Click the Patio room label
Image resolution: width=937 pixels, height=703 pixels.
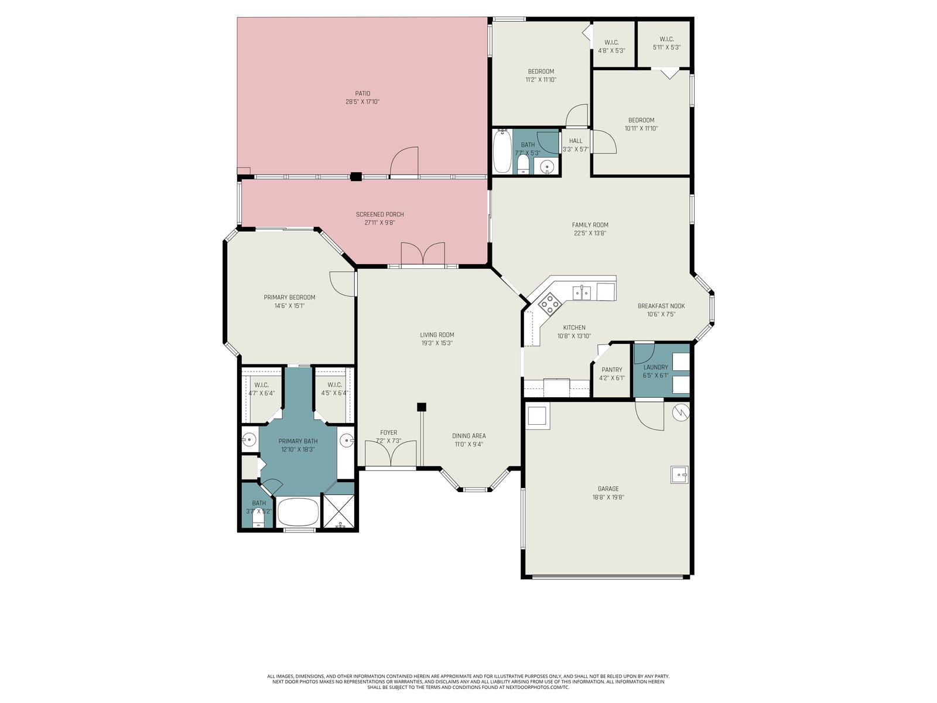tap(363, 94)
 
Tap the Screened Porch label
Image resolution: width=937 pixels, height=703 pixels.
tap(379, 214)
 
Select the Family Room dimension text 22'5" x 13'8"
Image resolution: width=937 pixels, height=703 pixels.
tap(590, 233)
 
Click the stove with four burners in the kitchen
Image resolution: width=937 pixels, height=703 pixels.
tap(549, 303)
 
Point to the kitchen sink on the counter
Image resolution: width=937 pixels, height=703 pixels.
tap(582, 292)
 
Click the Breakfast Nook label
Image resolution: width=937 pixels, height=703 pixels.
tap(661, 306)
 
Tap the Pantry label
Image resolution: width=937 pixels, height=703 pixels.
tap(612, 370)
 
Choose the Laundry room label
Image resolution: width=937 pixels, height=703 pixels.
tap(655, 367)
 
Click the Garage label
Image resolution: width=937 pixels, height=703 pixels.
tap(608, 489)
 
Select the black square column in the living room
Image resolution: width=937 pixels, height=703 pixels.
tap(421, 407)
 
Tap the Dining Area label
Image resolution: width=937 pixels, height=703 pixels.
tap(468, 436)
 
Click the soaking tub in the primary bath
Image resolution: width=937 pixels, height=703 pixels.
tap(298, 512)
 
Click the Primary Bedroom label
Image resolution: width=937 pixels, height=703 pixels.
tap(289, 298)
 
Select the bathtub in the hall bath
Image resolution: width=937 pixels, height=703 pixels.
tap(502, 151)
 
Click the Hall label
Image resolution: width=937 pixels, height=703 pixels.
tap(576, 141)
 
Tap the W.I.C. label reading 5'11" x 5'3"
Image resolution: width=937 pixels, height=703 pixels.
tap(666, 43)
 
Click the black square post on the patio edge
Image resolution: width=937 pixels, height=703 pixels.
tap(356, 176)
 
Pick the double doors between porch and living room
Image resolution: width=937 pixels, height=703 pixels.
tap(423, 254)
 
